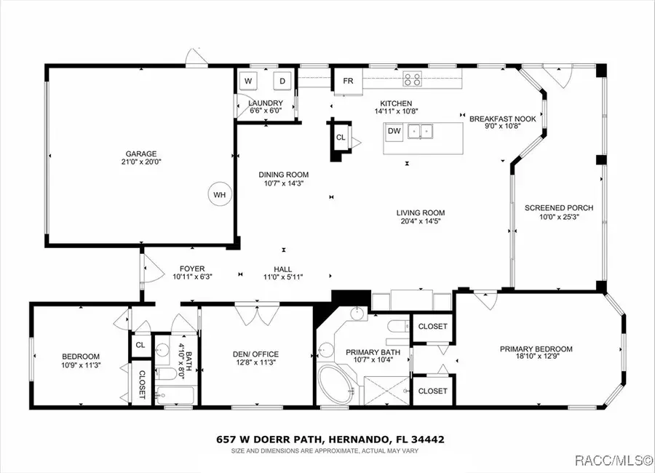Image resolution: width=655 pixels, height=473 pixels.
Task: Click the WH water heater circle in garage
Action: point(218,194)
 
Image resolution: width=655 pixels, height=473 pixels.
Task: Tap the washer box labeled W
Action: point(248,81)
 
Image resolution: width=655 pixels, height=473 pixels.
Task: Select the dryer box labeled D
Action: point(282,81)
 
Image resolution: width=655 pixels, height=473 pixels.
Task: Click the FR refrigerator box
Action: point(348,81)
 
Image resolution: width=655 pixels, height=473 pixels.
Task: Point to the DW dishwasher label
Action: point(394,132)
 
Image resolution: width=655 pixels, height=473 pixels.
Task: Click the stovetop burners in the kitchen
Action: point(413,79)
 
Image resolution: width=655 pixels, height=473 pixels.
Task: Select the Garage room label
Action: point(140,154)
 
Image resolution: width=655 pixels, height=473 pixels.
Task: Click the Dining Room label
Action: point(284,175)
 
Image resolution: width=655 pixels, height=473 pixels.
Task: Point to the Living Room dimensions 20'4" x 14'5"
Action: point(419,220)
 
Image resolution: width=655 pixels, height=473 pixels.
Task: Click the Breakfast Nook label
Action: point(502,118)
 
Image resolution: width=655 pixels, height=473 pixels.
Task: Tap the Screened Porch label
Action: point(559,208)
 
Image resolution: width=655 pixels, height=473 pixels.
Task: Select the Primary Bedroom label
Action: point(536,349)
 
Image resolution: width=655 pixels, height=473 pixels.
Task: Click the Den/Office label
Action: point(255,354)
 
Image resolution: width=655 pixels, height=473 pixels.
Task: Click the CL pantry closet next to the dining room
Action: point(341,138)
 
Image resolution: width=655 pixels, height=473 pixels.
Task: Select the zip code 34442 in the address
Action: point(427,440)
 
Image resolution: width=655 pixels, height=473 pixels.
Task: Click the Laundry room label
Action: point(266,103)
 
